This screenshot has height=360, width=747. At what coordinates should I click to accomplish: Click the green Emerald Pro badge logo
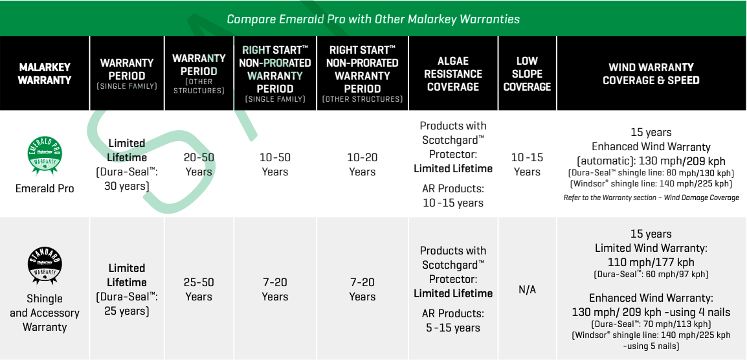click(45, 154)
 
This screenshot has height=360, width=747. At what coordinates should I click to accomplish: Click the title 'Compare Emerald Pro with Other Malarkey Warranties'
click(373, 19)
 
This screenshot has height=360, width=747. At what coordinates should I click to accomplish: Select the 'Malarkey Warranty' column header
click(45, 73)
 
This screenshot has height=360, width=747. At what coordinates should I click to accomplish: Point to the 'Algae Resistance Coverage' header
click(453, 73)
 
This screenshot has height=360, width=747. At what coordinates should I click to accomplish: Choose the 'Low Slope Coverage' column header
click(527, 73)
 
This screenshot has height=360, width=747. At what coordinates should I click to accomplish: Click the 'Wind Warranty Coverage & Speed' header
click(651, 73)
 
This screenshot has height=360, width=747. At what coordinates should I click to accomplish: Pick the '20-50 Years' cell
click(199, 164)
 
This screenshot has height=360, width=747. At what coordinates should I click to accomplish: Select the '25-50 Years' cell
click(199, 289)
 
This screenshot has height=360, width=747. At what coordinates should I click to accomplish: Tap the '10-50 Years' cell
click(275, 164)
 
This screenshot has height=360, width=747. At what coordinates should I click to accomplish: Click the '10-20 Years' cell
click(362, 164)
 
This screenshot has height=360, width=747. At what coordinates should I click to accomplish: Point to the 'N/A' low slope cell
click(527, 289)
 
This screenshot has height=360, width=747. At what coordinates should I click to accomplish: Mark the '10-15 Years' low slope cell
click(527, 164)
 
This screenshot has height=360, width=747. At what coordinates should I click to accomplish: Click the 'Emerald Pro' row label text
click(45, 188)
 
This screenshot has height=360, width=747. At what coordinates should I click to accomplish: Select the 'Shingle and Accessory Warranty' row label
click(45, 313)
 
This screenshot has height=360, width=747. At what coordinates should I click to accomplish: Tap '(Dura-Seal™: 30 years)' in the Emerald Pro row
click(127, 179)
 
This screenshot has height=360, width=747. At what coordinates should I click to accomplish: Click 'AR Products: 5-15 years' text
click(453, 321)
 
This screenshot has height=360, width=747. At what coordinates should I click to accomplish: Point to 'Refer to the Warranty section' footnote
click(651, 197)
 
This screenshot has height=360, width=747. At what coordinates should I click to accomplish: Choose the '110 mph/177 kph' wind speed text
click(651, 262)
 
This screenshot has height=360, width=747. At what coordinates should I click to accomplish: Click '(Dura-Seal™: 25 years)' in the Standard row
click(127, 304)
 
